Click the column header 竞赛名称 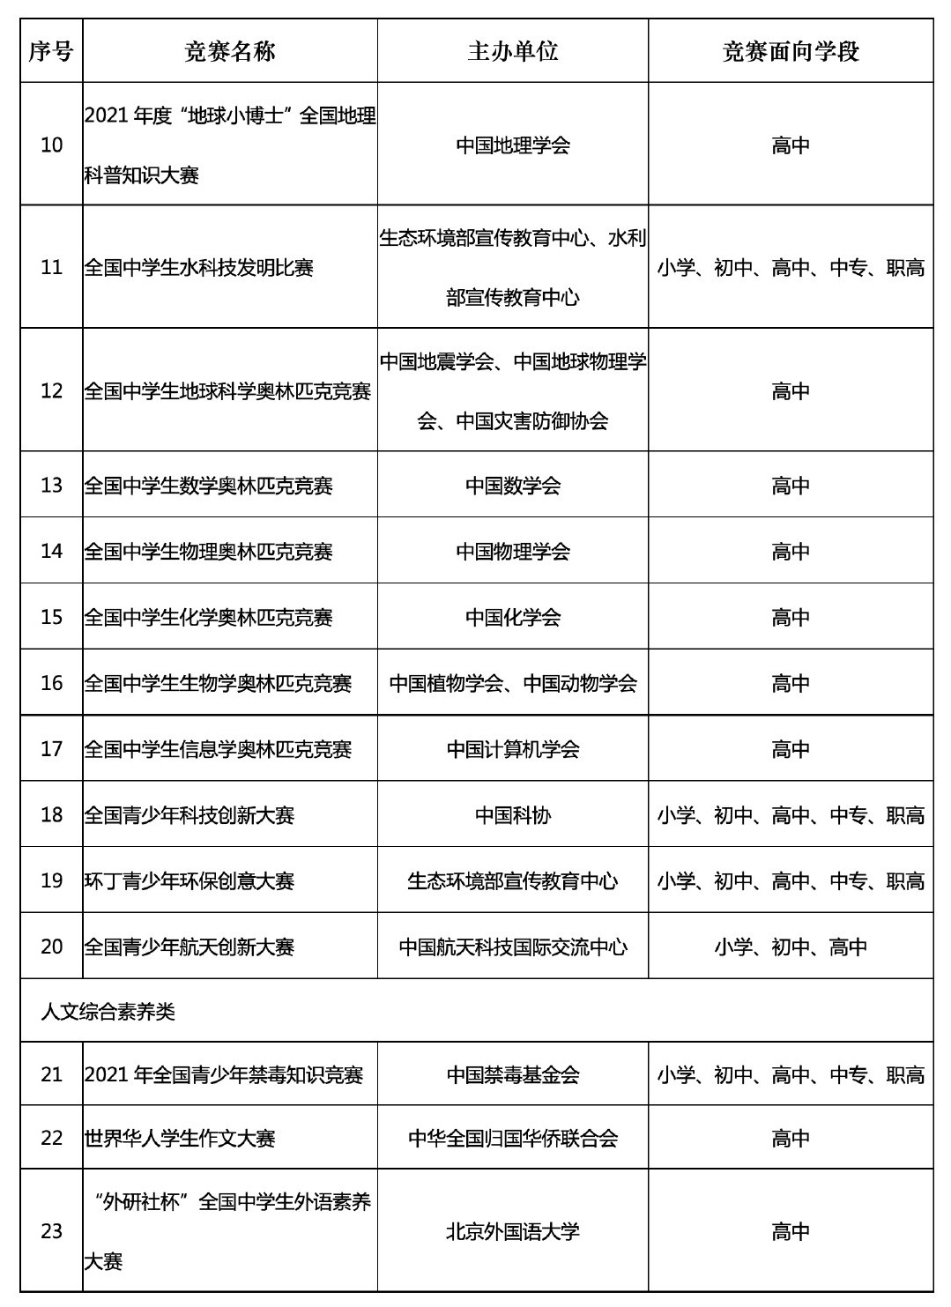(230, 52)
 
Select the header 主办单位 (512, 51)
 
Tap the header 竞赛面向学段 (790, 52)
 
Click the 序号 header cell (51, 52)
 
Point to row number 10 (52, 145)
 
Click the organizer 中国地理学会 (512, 145)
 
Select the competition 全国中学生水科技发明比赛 (199, 268)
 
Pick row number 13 (52, 486)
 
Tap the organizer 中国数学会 (512, 486)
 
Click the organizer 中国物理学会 (512, 552)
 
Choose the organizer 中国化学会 (512, 618)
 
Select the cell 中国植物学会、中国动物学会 (512, 683)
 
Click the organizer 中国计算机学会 (512, 749)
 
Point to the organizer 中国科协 (512, 815)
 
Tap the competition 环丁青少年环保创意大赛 (189, 881)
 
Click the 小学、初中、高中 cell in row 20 (790, 947)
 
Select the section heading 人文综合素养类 (108, 1012)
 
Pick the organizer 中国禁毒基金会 (512, 1075)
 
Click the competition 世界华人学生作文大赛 (180, 1139)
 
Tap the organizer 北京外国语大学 (512, 1232)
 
